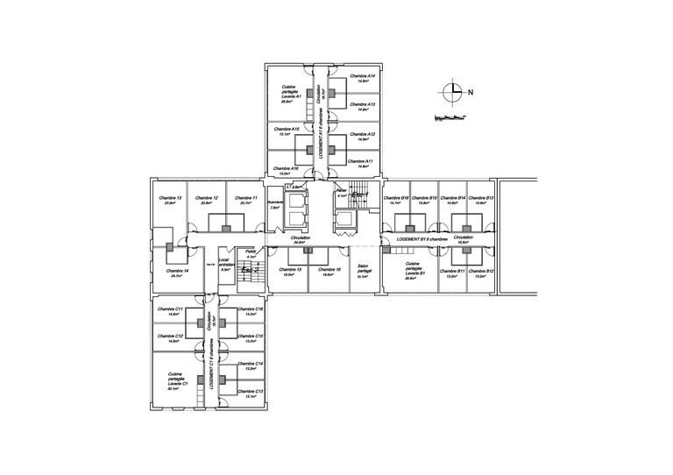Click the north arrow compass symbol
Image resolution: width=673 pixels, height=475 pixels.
coord(451,90)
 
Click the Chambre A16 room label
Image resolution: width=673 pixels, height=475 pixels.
coord(288,169)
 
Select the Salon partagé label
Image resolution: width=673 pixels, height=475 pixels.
coord(365,273)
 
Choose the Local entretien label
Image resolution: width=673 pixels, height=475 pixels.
coord(224,265)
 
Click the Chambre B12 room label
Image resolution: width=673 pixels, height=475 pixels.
coord(484,273)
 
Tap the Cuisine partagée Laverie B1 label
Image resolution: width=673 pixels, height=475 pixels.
coord(415,269)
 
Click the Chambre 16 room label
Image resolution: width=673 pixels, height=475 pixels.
coord(329,272)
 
